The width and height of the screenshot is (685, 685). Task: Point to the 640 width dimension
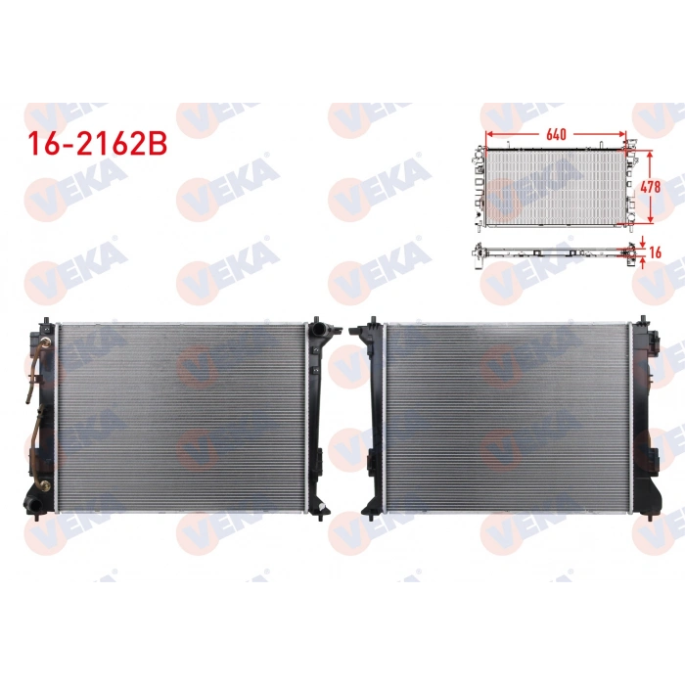(556, 132)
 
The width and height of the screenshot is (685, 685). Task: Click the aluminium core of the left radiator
(181, 416)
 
